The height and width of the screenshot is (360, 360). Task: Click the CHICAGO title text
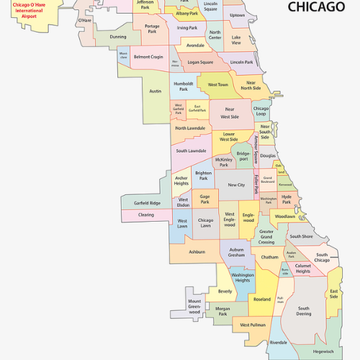click(315, 7)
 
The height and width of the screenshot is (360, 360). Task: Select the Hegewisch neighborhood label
click(323, 351)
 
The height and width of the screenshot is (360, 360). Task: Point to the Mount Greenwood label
click(194, 306)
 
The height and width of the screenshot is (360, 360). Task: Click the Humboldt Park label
click(184, 86)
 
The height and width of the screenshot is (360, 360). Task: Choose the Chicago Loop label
click(261, 112)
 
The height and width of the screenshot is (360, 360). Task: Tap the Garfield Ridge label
click(147, 203)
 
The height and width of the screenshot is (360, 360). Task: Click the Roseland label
click(262, 299)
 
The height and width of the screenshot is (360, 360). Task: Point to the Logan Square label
click(201, 63)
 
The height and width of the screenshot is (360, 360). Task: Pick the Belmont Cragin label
click(148, 56)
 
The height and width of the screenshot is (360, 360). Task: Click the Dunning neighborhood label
click(118, 36)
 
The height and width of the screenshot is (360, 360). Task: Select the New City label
click(236, 185)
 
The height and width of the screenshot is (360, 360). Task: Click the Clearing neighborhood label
click(146, 215)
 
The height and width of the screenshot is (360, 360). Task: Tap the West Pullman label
click(253, 325)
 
